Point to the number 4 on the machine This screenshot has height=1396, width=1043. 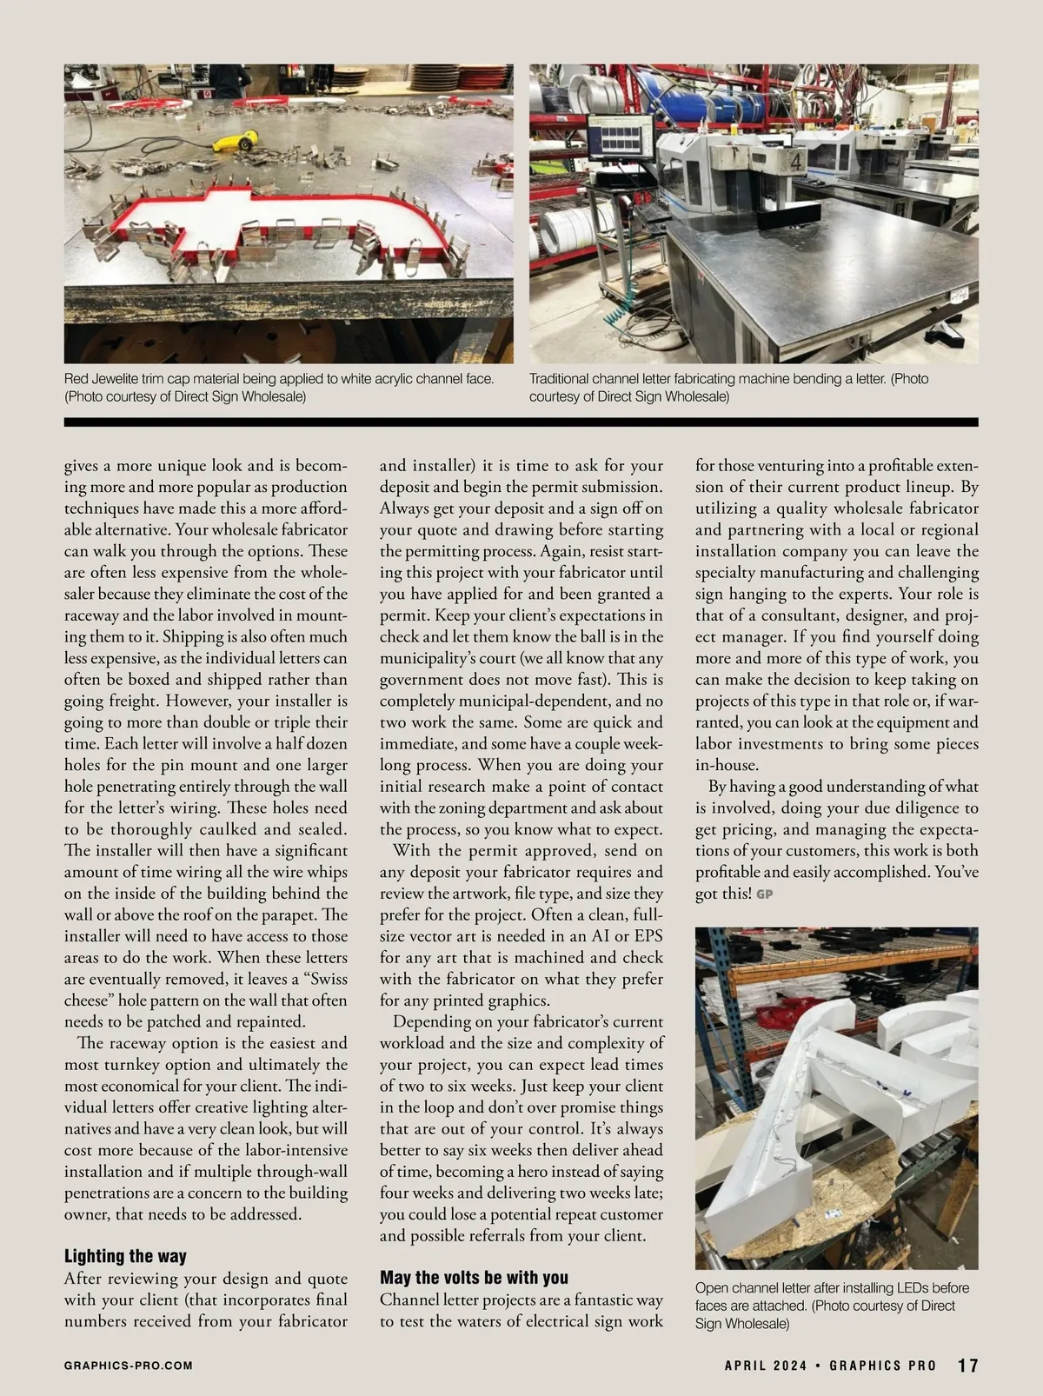click(795, 161)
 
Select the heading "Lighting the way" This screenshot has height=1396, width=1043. click(125, 1256)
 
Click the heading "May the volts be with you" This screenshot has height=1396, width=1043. click(474, 1278)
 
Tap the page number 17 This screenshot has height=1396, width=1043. click(967, 1366)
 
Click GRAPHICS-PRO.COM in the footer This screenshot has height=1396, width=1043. click(128, 1366)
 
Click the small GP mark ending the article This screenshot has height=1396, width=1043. click(765, 894)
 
